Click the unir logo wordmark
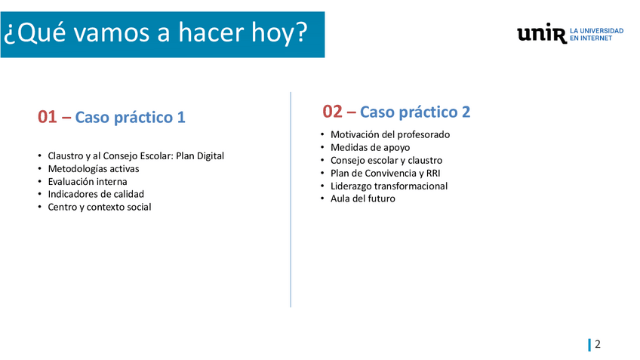pyautogui.click(x=542, y=33)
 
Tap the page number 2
pyautogui.click(x=598, y=344)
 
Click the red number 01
pyautogui.click(x=47, y=117)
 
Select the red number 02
pyautogui.click(x=332, y=112)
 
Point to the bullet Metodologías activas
pyautogui.click(x=94, y=169)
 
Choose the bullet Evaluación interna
pyautogui.click(x=88, y=182)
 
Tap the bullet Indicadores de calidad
pyautogui.click(x=96, y=194)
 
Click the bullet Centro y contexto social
pyautogui.click(x=100, y=207)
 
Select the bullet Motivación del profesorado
pyautogui.click(x=390, y=134)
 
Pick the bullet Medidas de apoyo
pyautogui.click(x=371, y=148)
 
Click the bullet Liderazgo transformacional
pyautogui.click(x=389, y=186)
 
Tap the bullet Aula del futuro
pyautogui.click(x=363, y=198)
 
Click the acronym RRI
pyautogui.click(x=433, y=174)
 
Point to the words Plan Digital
pyautogui.click(x=200, y=156)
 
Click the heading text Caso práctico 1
pyautogui.click(x=131, y=118)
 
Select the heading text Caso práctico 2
pyautogui.click(x=415, y=112)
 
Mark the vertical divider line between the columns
pyautogui.click(x=291, y=199)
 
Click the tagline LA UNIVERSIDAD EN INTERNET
pyautogui.click(x=596, y=35)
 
